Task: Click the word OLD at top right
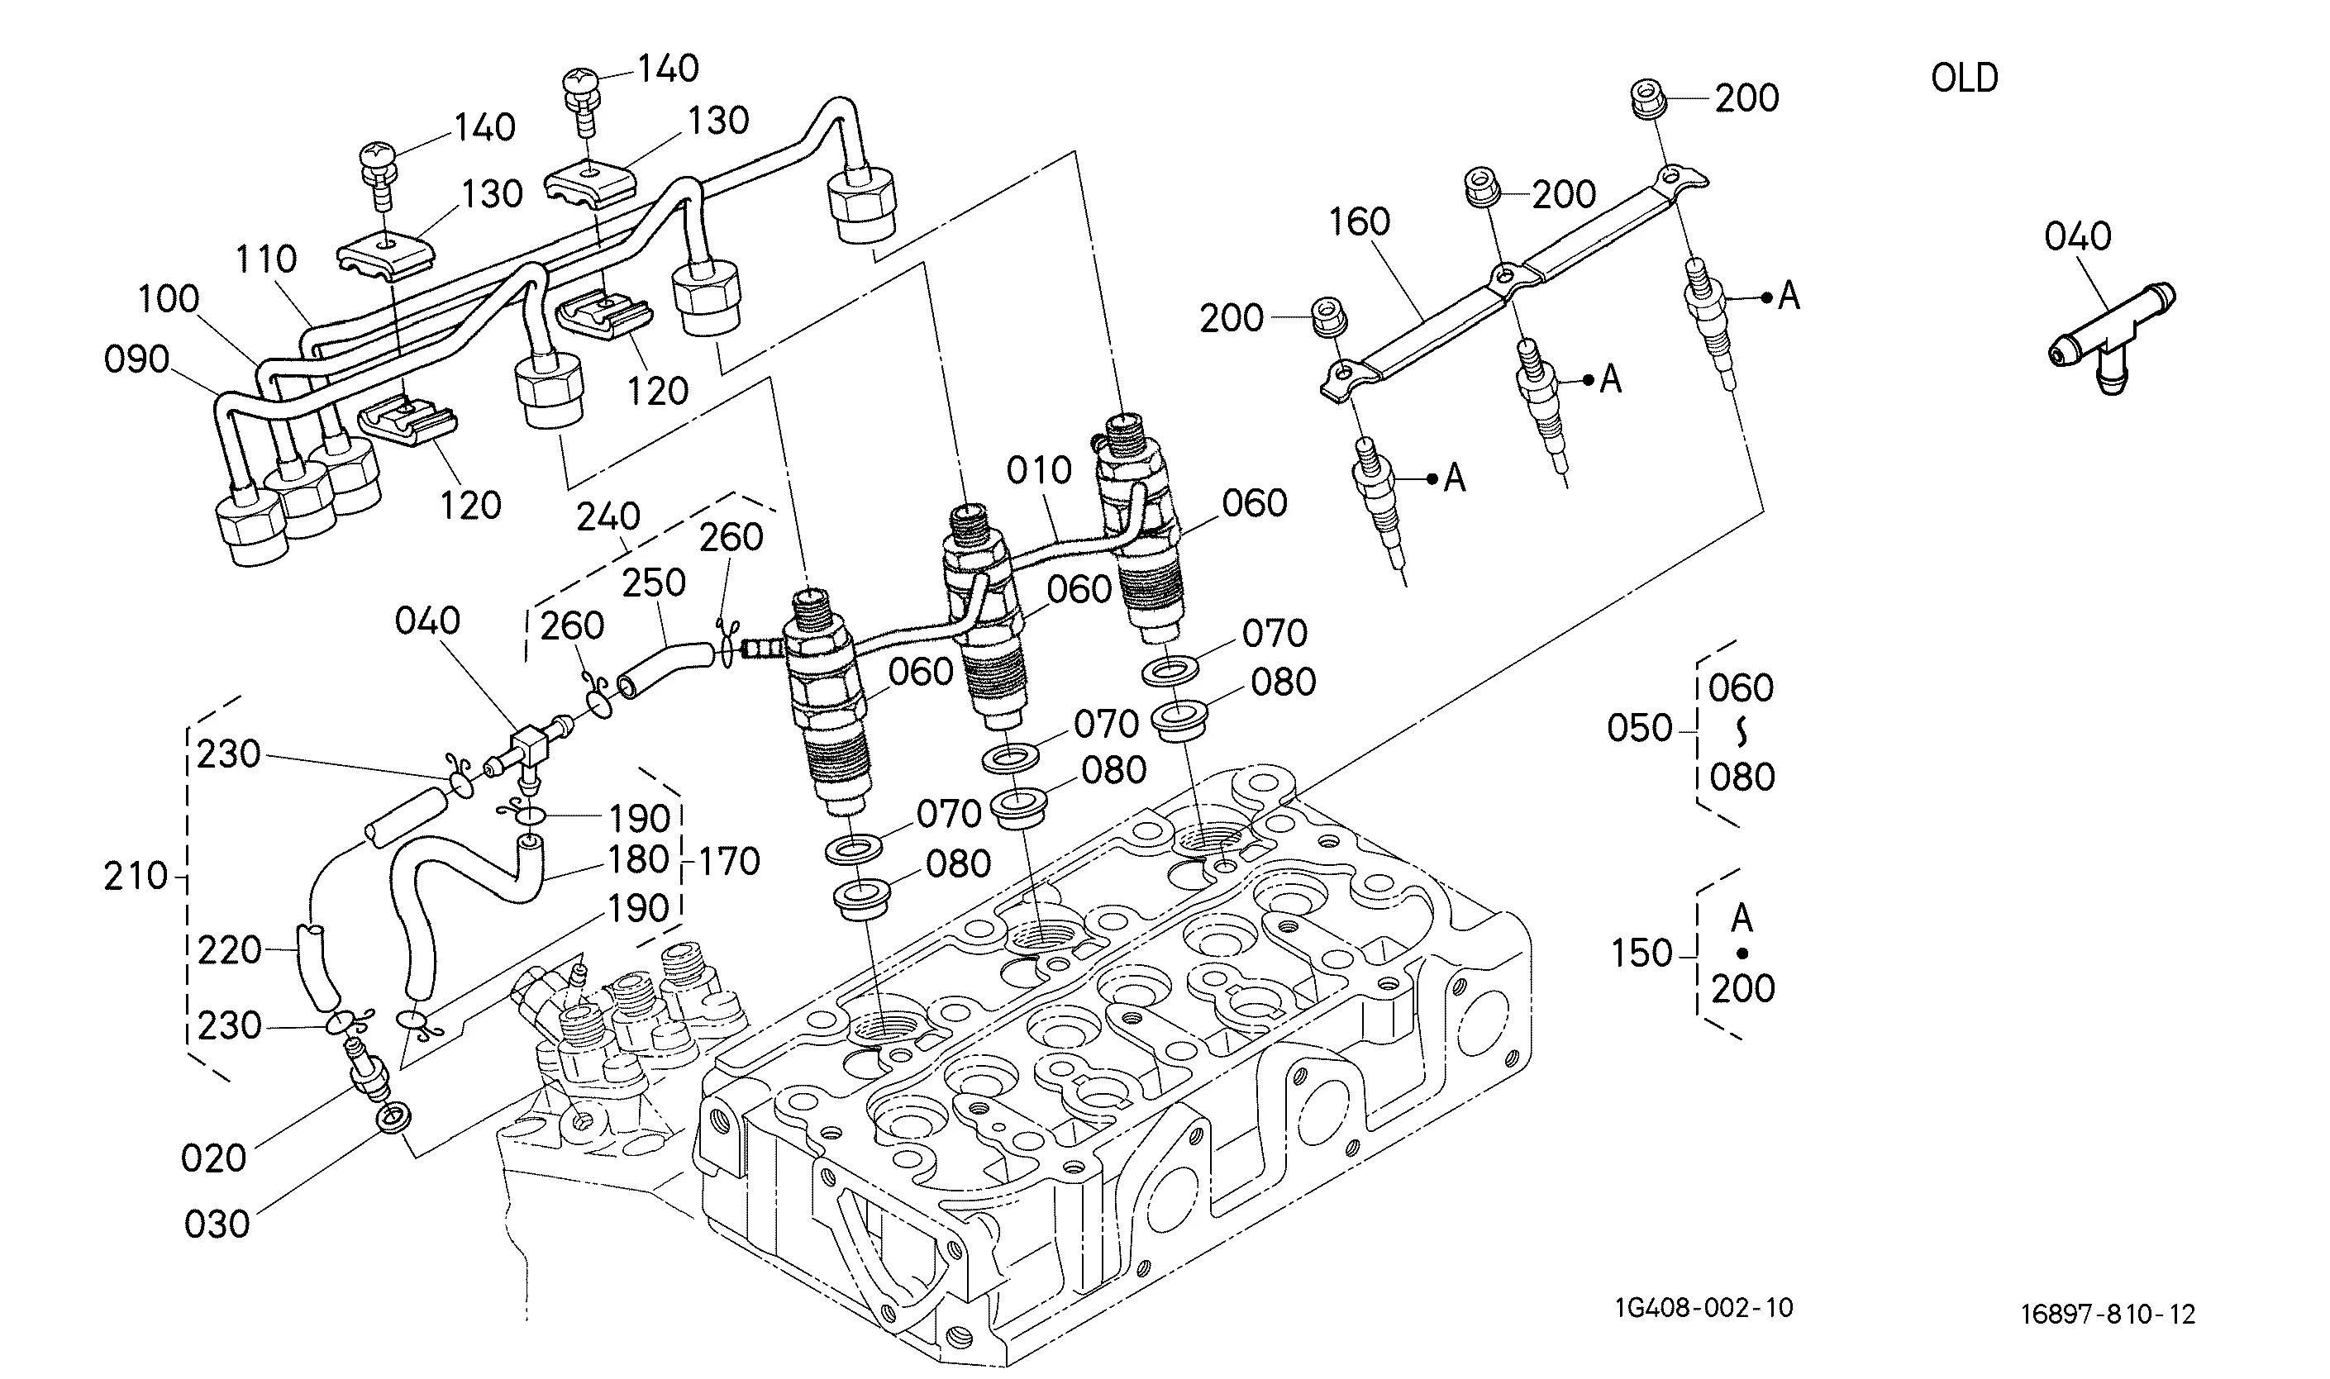pyautogui.click(x=1964, y=78)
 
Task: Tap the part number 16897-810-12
pyautogui.click(x=2107, y=1314)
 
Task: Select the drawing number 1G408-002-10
pyautogui.click(x=1703, y=1307)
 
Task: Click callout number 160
pyautogui.click(x=1359, y=222)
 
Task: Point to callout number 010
pyautogui.click(x=1039, y=471)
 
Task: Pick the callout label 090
pyautogui.click(x=136, y=359)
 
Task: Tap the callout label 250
pyautogui.click(x=653, y=583)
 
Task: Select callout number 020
pyautogui.click(x=214, y=1158)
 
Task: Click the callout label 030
pyautogui.click(x=217, y=1224)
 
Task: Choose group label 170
pyautogui.click(x=729, y=863)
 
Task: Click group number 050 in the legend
pyautogui.click(x=1640, y=729)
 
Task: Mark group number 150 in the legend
pyautogui.click(x=1641, y=953)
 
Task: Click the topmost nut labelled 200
pyautogui.click(x=1647, y=99)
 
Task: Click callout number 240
pyautogui.click(x=609, y=516)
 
